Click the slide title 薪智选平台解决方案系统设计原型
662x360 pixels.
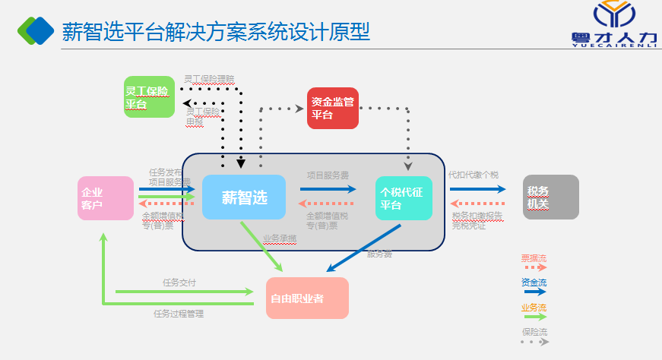click(x=216, y=31)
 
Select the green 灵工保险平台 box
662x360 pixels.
click(x=149, y=97)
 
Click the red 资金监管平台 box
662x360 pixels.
click(x=332, y=108)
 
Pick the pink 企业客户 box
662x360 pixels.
click(x=105, y=198)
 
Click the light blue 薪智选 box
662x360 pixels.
click(x=243, y=197)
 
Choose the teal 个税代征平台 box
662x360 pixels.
click(x=403, y=198)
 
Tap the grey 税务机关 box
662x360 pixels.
click(x=550, y=197)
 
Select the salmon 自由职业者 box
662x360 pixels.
click(x=307, y=298)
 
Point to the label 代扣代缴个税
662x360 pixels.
click(x=473, y=175)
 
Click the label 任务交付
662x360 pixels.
click(x=179, y=283)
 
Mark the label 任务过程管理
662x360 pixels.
click(x=179, y=313)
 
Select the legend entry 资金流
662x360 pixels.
click(x=534, y=283)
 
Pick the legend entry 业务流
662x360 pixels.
click(x=534, y=308)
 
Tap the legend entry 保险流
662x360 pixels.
click(x=534, y=333)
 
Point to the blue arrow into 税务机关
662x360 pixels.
click(x=477, y=189)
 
